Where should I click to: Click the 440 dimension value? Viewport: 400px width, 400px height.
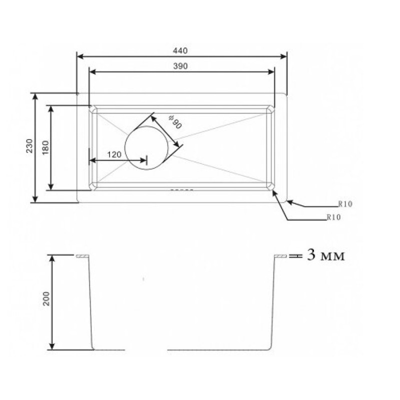tap(180, 51)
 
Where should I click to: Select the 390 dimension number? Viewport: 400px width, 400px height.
tap(180, 66)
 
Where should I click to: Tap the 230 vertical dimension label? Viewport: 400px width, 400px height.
tap(29, 145)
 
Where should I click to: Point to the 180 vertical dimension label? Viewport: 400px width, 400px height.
tap(45, 147)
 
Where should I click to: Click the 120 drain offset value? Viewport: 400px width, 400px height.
tap(114, 154)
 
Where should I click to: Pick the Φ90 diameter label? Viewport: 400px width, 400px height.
tap(175, 122)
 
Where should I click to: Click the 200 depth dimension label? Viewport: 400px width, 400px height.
tap(46, 298)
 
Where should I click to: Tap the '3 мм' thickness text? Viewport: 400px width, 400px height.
tap(325, 255)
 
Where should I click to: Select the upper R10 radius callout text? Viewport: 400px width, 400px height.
tap(345, 204)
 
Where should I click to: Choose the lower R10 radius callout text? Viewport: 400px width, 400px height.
tap(333, 217)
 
